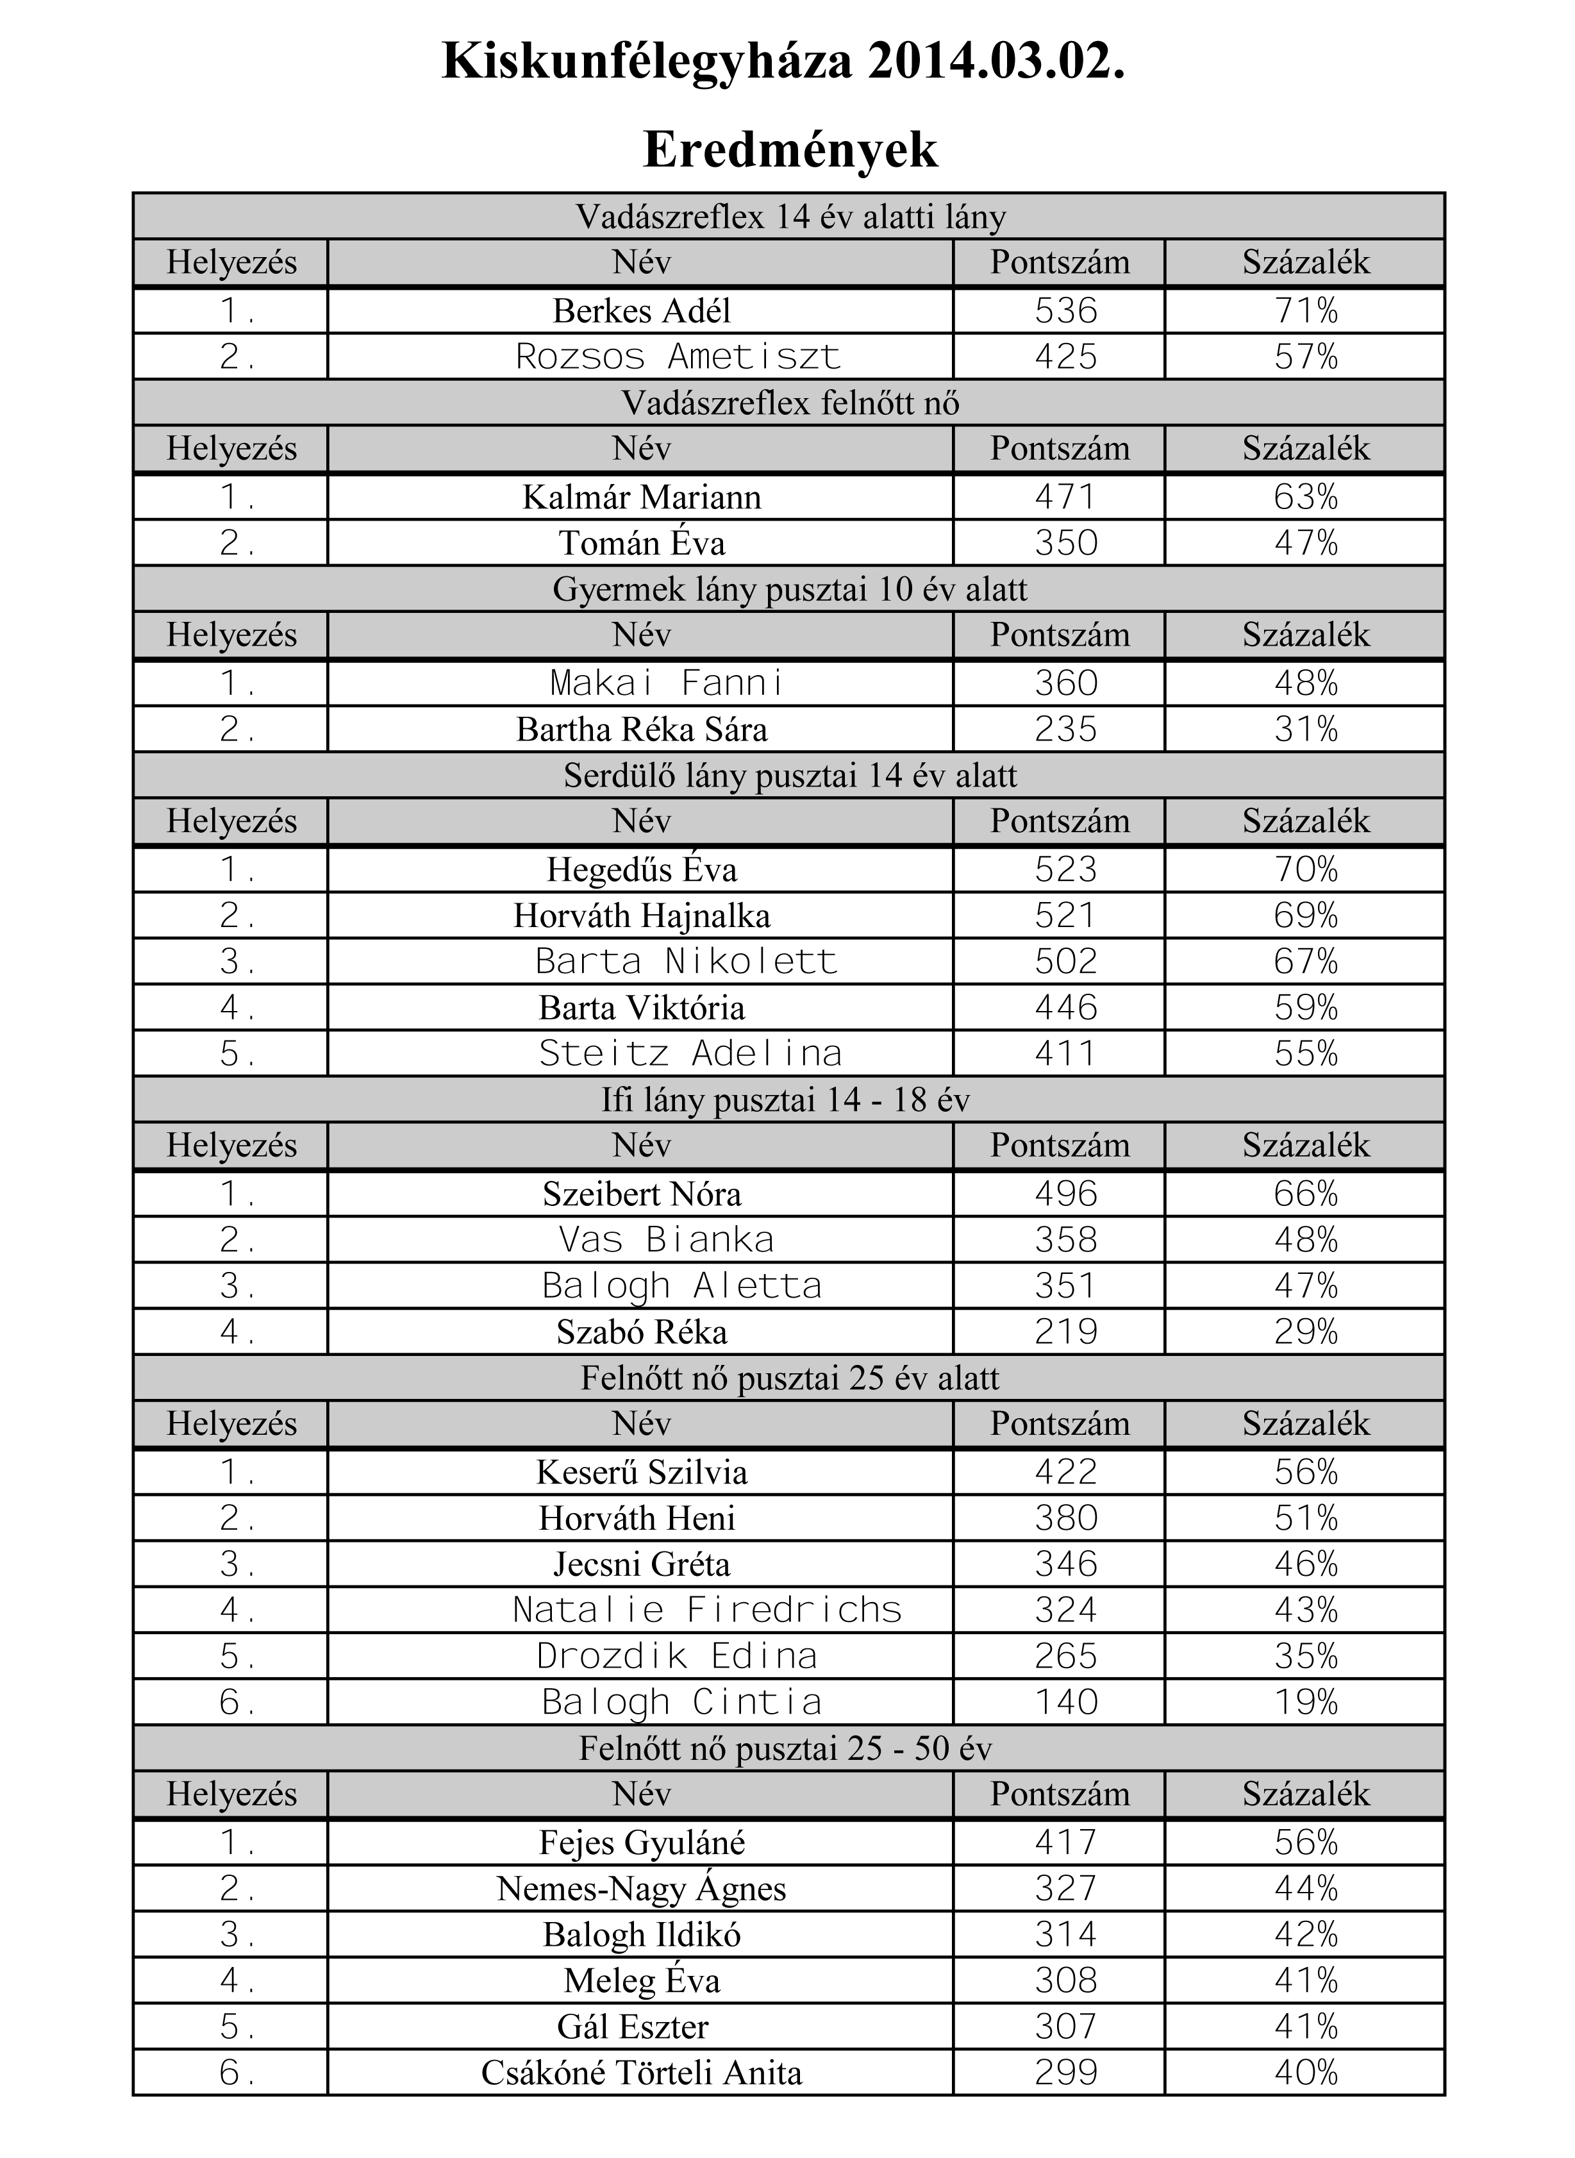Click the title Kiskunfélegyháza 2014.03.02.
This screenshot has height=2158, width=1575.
tap(784, 63)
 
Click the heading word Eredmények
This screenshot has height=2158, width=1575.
tap(790, 150)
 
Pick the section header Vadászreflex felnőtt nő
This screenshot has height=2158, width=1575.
tap(790, 403)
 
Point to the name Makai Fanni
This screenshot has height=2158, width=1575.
tap(667, 683)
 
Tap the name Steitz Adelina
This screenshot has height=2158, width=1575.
tap(690, 1054)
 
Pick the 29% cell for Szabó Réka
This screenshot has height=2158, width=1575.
tap(1305, 1332)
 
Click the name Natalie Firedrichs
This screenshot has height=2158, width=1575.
tap(706, 1610)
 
